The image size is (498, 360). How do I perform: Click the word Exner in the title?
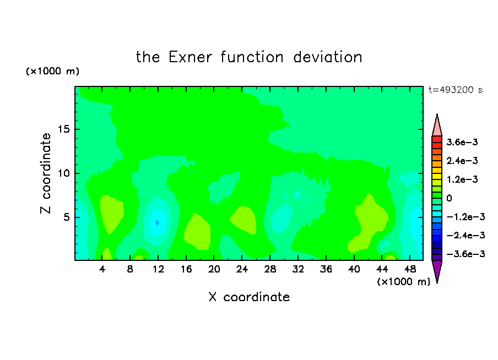[190, 57]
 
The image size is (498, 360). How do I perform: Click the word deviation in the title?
[328, 57]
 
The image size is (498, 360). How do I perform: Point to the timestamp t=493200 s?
[456, 90]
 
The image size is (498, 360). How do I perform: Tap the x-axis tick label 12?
[158, 270]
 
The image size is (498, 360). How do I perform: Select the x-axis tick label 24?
[242, 270]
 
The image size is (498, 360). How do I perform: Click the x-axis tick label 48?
[410, 270]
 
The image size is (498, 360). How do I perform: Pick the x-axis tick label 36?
[326, 270]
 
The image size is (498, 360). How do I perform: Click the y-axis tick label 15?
[64, 129]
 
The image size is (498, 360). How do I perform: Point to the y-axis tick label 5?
[67, 217]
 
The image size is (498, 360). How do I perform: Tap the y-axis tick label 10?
[64, 173]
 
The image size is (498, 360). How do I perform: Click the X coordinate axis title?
[249, 297]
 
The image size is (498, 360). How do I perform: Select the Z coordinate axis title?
[46, 173]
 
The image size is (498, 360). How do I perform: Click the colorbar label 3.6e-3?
[462, 142]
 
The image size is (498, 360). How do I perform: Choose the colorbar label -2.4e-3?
[465, 236]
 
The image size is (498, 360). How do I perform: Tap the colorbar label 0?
[449, 198]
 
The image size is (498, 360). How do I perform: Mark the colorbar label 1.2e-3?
[462, 179]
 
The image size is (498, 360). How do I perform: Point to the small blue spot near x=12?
[157, 222]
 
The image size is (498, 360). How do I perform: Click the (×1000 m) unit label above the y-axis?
[52, 71]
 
